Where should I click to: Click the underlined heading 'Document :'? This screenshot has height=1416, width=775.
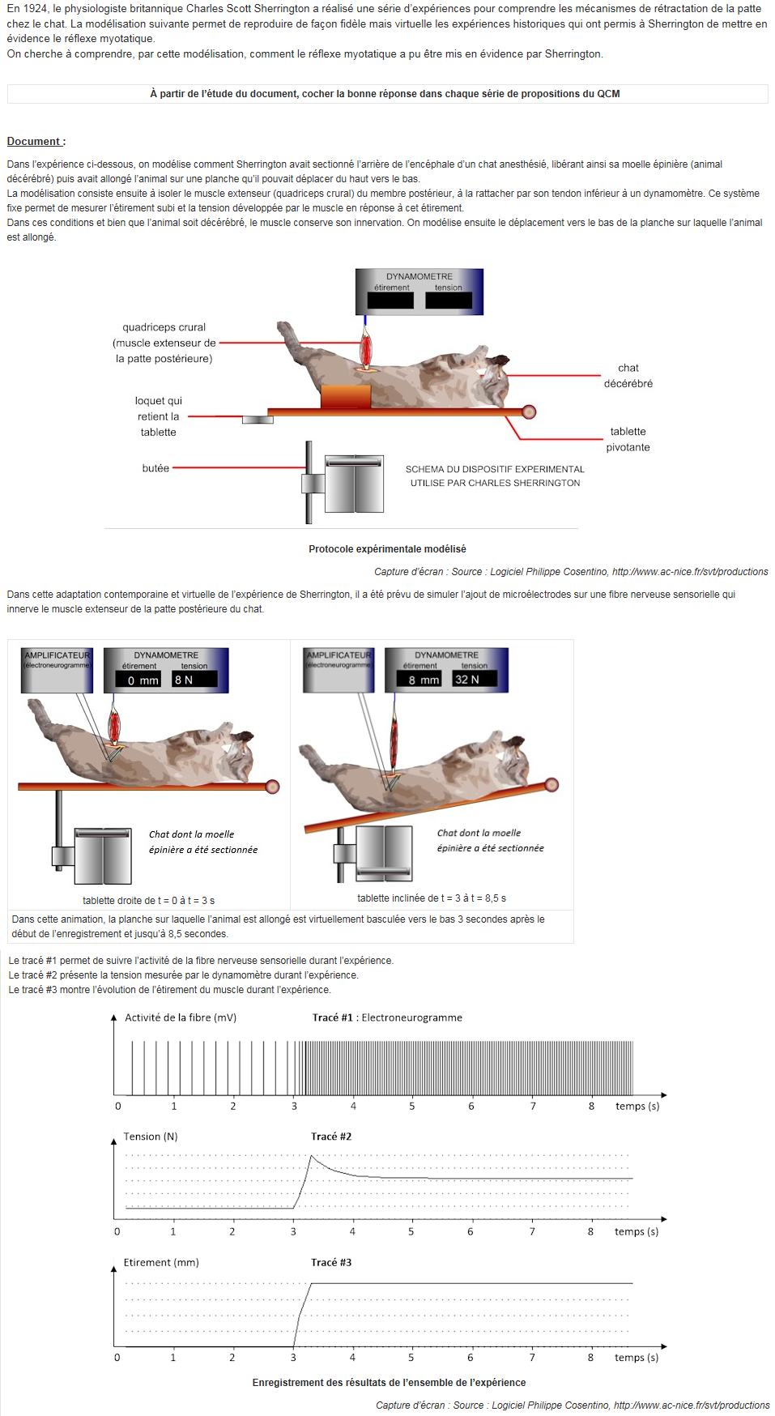(36, 142)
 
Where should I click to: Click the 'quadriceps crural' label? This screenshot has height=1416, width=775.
(164, 327)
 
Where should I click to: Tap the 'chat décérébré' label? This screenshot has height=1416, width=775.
(628, 376)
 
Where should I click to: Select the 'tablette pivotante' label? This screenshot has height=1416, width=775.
(628, 439)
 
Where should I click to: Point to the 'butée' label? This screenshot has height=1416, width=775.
(155, 468)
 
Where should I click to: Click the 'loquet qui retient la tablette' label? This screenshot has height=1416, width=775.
(159, 416)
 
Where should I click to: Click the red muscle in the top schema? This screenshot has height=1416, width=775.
(366, 349)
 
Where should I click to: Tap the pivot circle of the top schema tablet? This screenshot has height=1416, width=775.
(529, 412)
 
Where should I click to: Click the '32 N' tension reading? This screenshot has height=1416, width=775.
(467, 680)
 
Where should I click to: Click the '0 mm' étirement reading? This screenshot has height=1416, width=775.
(143, 680)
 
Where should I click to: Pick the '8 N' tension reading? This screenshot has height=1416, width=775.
(184, 680)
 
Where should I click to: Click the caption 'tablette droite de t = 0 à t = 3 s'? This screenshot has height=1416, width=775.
(148, 901)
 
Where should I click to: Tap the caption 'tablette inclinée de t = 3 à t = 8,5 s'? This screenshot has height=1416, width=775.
(431, 898)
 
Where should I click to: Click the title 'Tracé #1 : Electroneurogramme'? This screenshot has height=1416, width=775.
(387, 1018)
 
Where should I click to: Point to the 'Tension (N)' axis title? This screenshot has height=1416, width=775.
(151, 1137)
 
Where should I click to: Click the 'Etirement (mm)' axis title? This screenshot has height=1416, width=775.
(161, 1263)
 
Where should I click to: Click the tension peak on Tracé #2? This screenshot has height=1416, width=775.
(312, 1157)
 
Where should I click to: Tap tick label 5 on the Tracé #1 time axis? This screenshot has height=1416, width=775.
(411, 1107)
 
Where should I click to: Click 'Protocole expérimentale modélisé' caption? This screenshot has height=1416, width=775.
(387, 549)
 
